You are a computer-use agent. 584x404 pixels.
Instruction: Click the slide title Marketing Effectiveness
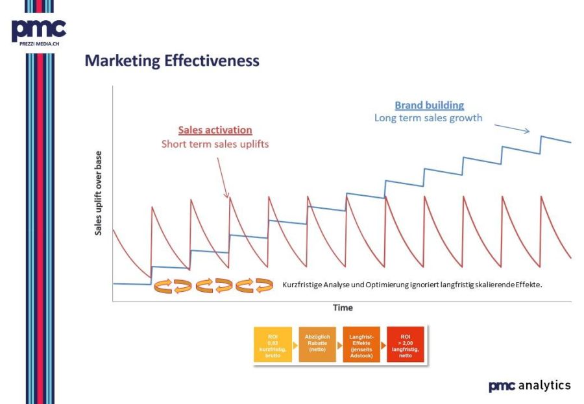point(172,62)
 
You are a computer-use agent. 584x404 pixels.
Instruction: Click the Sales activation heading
point(215,130)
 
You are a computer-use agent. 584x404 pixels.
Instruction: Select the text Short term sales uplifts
point(215,143)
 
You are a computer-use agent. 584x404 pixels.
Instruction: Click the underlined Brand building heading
point(430,105)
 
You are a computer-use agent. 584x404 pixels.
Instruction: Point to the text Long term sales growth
point(428,118)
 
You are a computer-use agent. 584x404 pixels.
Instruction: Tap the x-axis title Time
point(343,307)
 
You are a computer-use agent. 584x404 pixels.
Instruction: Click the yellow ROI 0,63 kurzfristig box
point(273,345)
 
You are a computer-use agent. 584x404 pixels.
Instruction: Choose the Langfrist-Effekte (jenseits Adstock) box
point(361,345)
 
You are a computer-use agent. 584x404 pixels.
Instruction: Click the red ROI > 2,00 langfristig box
point(406,345)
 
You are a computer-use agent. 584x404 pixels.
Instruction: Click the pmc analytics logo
point(529,386)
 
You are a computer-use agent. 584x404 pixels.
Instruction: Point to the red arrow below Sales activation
point(222,175)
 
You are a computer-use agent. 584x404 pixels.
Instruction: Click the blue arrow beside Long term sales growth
point(516,128)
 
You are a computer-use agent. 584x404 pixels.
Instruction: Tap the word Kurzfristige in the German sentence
point(303,285)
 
